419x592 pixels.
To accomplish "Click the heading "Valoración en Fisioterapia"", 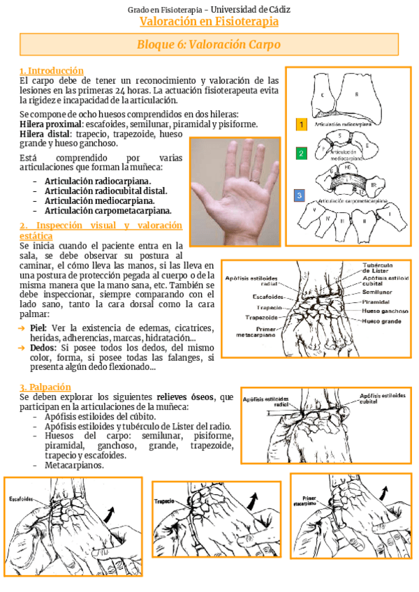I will [209, 22].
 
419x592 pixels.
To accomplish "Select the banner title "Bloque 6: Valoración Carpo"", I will [209, 45].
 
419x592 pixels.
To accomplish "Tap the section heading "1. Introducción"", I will [52, 71].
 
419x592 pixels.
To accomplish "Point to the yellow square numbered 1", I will [301, 124].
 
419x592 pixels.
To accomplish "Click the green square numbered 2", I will [301, 153].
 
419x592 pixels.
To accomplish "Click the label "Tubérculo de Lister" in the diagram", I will [383, 268].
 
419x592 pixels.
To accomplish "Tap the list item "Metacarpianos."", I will [74, 465].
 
